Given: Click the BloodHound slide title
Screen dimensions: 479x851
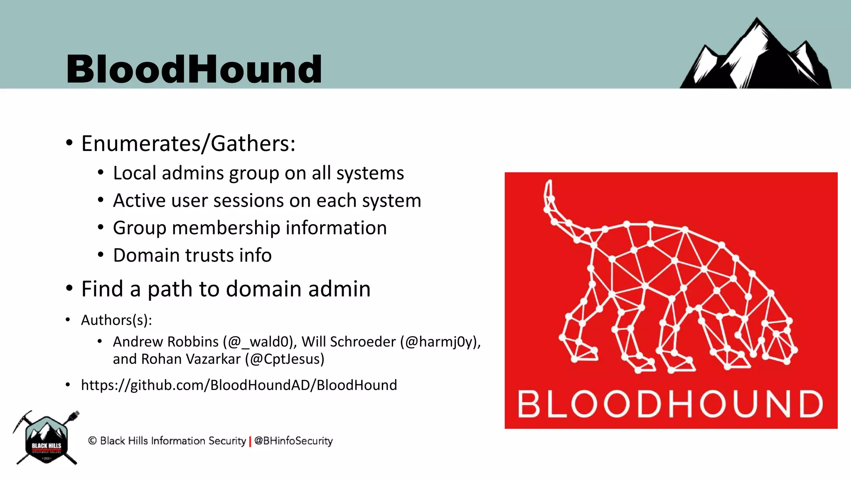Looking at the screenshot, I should pos(194,69).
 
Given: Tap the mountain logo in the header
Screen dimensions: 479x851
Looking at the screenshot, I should pos(755,56).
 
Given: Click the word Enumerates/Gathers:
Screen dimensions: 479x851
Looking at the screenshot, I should pos(188,144).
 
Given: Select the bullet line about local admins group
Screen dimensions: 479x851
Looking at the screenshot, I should pos(258,173).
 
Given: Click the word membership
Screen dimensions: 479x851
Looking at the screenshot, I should pos(226,228).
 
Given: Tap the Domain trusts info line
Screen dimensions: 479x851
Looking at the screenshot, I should pos(192,255).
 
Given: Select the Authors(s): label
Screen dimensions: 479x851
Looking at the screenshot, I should pos(116,320).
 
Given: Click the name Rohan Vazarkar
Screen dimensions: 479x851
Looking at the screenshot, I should pos(191,359).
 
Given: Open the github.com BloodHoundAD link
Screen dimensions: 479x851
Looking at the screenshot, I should pos(239,385).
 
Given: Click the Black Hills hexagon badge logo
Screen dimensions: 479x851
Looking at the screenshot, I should pos(47,439).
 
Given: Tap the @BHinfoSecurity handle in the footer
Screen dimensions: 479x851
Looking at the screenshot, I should pos(293,441).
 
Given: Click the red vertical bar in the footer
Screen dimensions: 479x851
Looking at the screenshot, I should pos(250,441).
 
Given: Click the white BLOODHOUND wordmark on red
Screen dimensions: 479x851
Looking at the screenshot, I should pos(670,404).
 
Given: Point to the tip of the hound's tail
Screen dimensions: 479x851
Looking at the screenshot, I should pos(549,183).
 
